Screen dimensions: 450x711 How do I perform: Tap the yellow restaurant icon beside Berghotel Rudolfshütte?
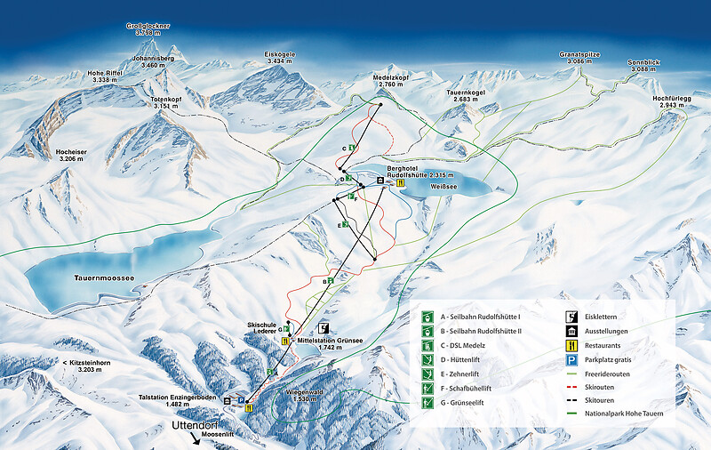click(x=401, y=183)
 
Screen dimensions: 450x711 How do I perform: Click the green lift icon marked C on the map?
click(x=352, y=147)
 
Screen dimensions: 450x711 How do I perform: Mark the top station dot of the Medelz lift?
click(x=380, y=105)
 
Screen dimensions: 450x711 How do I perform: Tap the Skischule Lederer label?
click(x=263, y=331)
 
